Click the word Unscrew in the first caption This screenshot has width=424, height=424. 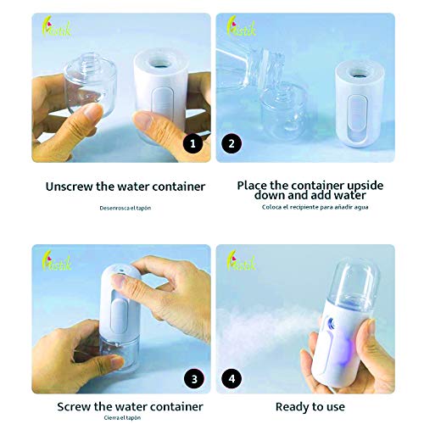[71, 186]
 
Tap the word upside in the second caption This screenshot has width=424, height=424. [360, 185]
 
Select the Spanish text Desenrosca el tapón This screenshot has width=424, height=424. [124, 207]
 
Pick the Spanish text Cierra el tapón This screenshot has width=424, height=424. [124, 417]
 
